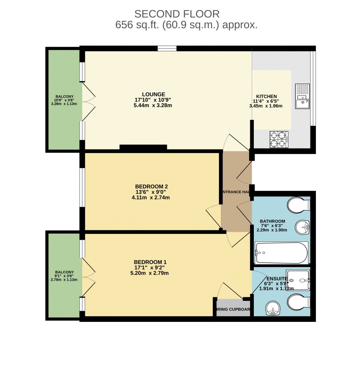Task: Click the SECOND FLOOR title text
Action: pyautogui.click(x=177, y=14)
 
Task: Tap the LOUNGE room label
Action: pyautogui.click(x=154, y=94)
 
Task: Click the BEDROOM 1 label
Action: pyautogui.click(x=150, y=262)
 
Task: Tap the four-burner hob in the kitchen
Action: pyautogui.click(x=279, y=139)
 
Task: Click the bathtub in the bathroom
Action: pyautogui.click(x=281, y=253)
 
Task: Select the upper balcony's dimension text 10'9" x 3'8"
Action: pyautogui.click(x=64, y=100)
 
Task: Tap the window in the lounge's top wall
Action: pyautogui.click(x=167, y=48)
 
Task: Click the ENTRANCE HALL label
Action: pyautogui.click(x=236, y=192)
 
